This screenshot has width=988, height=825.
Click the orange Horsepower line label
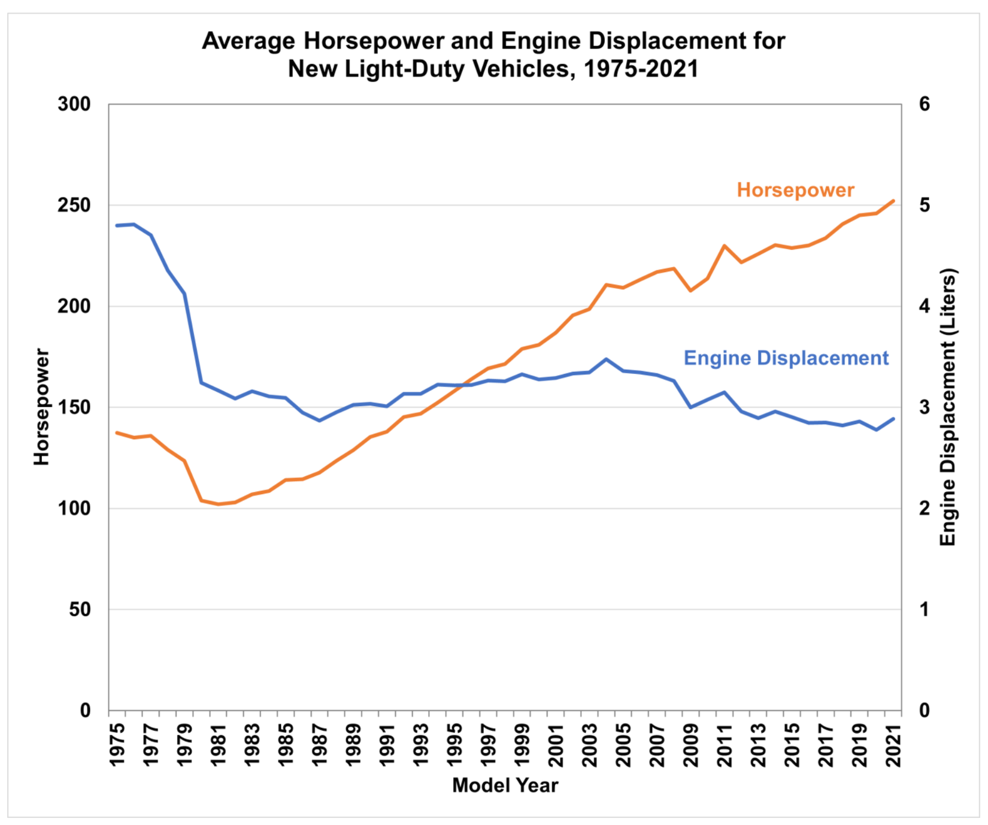[x=795, y=190]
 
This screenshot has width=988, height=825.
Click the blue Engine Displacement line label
[x=786, y=358]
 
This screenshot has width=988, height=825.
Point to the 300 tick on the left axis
[x=74, y=104]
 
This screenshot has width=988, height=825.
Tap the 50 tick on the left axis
[x=80, y=609]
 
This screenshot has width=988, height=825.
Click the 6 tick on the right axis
[x=925, y=104]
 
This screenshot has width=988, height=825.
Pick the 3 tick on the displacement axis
[x=925, y=407]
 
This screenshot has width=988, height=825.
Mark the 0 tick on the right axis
[x=925, y=711]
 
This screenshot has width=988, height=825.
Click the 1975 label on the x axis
[x=117, y=744]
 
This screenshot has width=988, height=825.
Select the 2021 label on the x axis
[x=894, y=744]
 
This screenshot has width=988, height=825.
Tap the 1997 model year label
[x=489, y=744]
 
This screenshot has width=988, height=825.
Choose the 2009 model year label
[x=691, y=744]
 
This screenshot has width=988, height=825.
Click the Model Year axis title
[x=505, y=785]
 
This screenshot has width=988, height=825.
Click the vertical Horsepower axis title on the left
[x=41, y=407]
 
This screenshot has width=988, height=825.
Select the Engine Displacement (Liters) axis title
[x=947, y=407]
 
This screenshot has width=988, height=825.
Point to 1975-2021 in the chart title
[x=641, y=69]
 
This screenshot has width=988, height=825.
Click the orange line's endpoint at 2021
[x=893, y=201]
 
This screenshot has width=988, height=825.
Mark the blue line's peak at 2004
[x=606, y=359]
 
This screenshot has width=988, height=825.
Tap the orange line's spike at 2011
[x=725, y=246]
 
